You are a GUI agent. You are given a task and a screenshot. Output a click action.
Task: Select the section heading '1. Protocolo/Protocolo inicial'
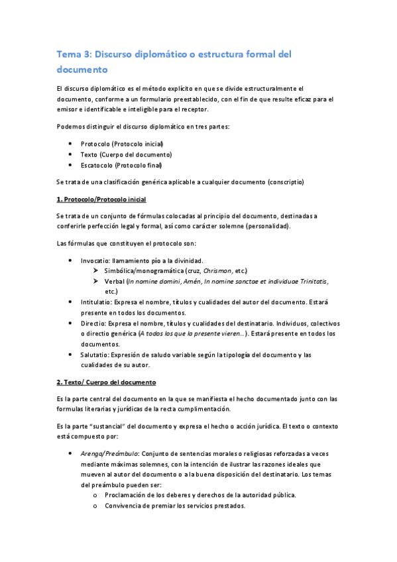(x=101, y=199)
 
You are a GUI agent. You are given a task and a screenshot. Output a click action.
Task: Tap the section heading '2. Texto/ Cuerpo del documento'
(x=106, y=383)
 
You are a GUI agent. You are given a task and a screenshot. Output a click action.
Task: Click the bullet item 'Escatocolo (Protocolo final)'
(x=121, y=165)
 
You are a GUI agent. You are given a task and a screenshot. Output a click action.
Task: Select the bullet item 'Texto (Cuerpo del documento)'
(x=121, y=154)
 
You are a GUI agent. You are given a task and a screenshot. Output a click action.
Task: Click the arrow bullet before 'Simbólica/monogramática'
(x=96, y=271)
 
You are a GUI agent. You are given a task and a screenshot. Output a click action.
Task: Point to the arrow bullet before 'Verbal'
(x=96, y=282)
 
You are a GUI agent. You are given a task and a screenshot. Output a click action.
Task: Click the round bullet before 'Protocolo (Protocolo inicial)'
(x=70, y=144)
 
